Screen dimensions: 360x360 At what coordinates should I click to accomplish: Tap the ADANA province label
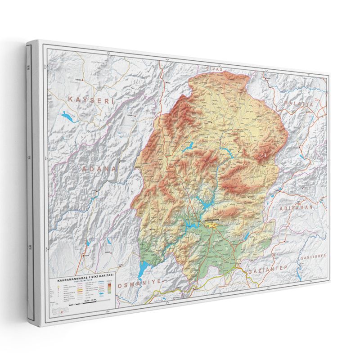99,169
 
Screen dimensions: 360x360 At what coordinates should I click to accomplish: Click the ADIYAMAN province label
296,208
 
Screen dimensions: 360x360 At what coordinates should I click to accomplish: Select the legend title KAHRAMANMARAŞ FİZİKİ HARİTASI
84,281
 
